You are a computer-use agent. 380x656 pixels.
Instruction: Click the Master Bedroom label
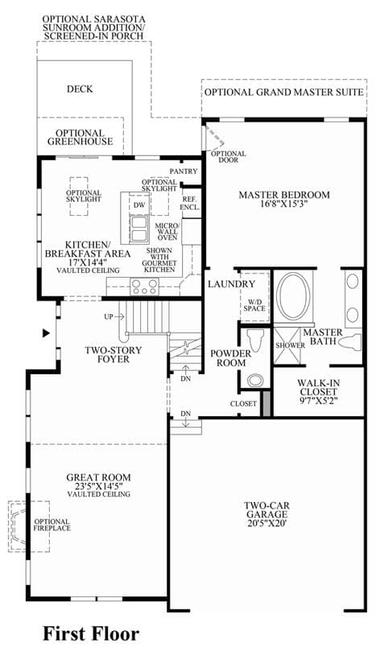(284, 199)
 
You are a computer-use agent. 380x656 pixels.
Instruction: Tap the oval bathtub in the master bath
(295, 297)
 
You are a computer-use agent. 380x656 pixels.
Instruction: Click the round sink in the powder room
(254, 380)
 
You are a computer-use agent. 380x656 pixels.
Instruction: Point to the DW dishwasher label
(139, 205)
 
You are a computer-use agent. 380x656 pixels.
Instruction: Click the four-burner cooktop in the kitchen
(144, 287)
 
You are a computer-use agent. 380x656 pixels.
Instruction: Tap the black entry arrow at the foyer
(46, 333)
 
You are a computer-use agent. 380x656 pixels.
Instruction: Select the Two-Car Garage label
(266, 510)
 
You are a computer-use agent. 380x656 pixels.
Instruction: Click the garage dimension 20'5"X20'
(266, 523)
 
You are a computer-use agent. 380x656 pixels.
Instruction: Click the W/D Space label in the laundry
(254, 305)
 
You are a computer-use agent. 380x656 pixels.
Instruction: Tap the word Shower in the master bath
(290, 345)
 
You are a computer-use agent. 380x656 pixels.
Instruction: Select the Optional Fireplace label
(52, 525)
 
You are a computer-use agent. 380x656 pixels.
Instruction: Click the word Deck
(80, 89)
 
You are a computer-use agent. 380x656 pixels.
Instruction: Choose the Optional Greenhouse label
(80, 137)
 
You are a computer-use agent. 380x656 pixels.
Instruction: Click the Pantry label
(184, 171)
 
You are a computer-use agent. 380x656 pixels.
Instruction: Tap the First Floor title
(91, 633)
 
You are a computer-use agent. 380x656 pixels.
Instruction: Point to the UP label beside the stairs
(109, 316)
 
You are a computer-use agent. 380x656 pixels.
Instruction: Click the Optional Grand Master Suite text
(284, 92)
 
